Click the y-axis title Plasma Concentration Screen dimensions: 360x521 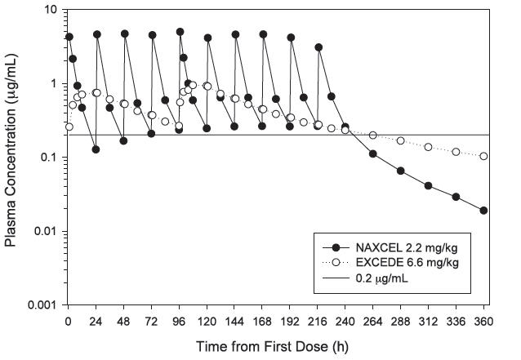coord(11,156)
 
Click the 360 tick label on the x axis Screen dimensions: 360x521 coord(483,320)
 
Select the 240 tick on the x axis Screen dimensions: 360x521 coord(345,320)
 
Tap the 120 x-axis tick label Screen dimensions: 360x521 coord(207,320)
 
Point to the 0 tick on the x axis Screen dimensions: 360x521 coord(69,320)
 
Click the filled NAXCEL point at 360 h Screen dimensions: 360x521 coord(483,210)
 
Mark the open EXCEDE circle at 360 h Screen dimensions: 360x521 coord(483,156)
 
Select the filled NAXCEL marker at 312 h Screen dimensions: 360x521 coord(429,185)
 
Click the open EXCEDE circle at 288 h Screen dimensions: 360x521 coord(401,140)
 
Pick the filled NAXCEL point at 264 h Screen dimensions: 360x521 coord(373,153)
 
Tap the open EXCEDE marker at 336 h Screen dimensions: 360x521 coord(456,152)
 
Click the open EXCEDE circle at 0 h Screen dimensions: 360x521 coord(69,127)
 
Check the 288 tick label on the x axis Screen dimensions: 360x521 coord(401,320)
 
